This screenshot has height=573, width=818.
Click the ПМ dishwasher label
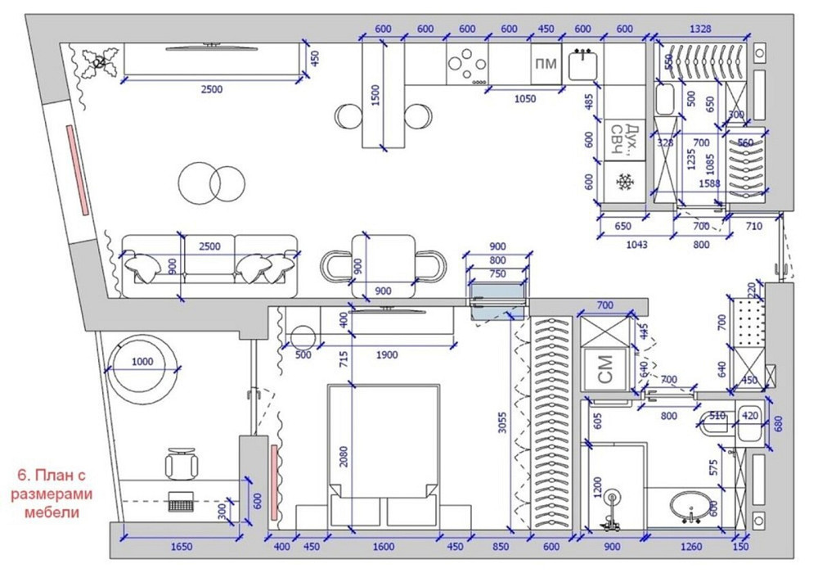546,65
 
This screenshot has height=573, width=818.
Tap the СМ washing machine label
605,369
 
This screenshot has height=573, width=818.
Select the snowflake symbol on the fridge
626,181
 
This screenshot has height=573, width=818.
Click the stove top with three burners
467,63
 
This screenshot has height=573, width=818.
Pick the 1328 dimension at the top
700,29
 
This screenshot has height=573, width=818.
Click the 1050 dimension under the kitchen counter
524,98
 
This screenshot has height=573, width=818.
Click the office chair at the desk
182,464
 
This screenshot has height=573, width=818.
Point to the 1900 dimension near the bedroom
388,355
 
